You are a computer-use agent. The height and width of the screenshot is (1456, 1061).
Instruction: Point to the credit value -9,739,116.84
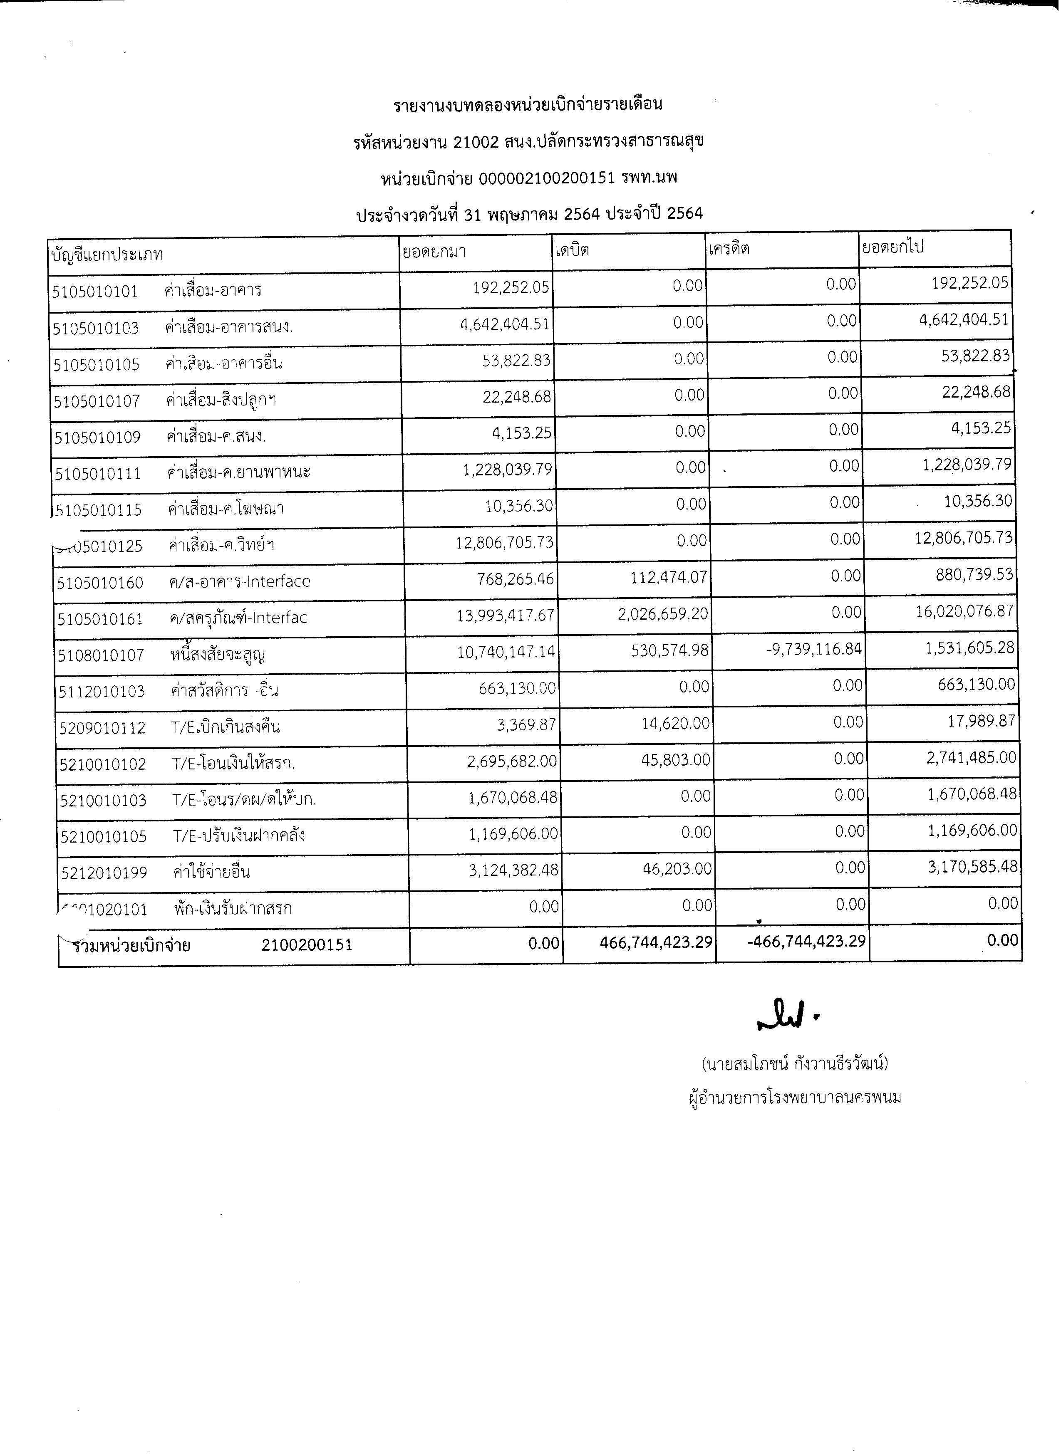tap(814, 649)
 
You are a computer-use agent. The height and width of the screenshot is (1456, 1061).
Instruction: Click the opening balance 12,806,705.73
tap(505, 542)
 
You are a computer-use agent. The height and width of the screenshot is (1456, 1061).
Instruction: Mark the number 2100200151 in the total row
tap(307, 945)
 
